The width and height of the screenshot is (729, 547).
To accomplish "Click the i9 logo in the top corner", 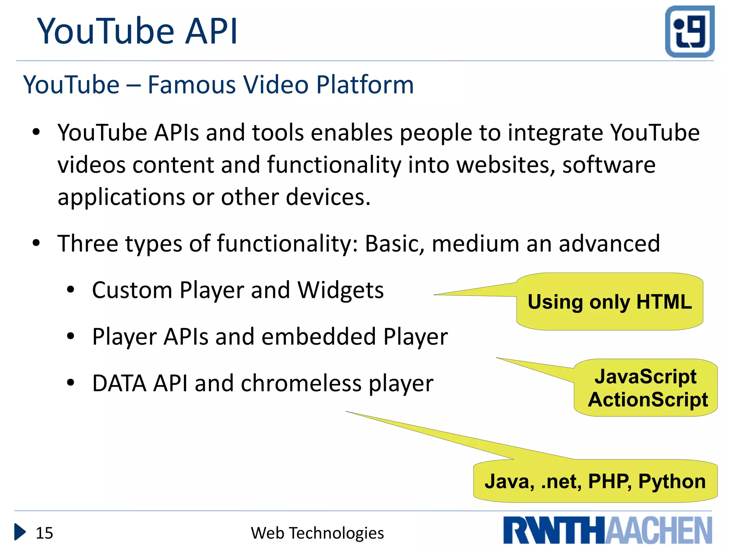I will pos(689,31).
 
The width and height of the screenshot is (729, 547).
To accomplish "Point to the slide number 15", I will pos(44,533).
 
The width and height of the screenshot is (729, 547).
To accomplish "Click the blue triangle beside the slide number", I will pos(20,532).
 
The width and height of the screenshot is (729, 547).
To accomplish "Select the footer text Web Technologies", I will pos(317,533).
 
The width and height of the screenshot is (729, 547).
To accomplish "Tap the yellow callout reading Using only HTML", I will pos(609,302).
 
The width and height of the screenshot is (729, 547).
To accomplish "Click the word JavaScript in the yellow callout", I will pos(645,376).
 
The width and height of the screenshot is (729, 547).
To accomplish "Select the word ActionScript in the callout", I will pos(648,400).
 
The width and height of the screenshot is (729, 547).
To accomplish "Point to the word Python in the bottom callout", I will pos(672,481).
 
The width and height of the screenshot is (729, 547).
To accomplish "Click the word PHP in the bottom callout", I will pos(609,481).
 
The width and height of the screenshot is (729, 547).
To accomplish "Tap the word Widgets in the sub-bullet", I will pos(341,290).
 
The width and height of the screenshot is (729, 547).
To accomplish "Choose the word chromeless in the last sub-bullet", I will pos(301,384).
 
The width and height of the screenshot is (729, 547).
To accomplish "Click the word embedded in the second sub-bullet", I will pos(319,337).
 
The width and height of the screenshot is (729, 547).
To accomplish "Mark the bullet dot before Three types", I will pos(36,243).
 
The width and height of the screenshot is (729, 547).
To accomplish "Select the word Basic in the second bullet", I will pos(394,244).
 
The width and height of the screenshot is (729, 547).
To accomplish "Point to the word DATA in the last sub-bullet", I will pos(119,384).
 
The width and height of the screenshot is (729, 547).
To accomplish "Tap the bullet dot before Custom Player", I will pos(70,290).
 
